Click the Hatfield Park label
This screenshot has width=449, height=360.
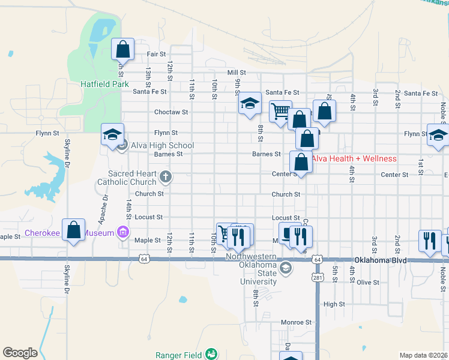105,85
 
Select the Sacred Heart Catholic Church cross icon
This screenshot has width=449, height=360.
166,177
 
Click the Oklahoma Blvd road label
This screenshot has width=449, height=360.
380,260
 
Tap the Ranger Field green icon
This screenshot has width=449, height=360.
211,355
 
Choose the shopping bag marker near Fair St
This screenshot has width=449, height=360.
122,49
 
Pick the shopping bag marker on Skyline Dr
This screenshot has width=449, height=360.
73,231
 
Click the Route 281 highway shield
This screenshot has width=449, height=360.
317,278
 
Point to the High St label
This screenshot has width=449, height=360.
334,304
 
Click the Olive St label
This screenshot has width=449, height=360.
367,281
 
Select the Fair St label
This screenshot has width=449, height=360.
156,54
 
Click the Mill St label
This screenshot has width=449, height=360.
237,73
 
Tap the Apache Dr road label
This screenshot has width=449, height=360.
106,205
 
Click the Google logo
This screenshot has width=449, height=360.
20,353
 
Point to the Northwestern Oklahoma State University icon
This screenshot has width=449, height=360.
286,268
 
